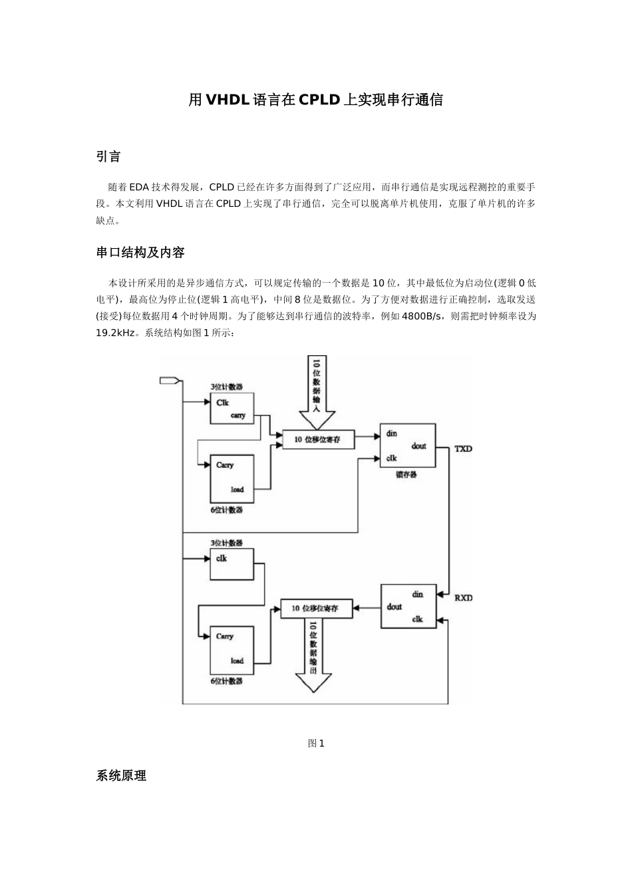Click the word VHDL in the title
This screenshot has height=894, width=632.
coord(228,100)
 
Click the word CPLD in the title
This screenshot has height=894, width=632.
coord(319,100)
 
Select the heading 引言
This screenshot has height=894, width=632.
coord(108,157)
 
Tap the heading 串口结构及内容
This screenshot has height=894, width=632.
coord(140,253)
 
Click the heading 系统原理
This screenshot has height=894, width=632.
coord(121,776)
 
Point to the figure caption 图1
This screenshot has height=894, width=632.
coord(316,744)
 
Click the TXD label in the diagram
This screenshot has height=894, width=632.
coord(463,449)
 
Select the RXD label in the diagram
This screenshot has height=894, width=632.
coord(463,597)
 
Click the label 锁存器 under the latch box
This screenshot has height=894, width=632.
coord(406,475)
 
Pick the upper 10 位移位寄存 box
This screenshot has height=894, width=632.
coord(319,440)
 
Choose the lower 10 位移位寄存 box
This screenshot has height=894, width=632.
coord(316,609)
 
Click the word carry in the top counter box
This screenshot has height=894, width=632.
coord(238,415)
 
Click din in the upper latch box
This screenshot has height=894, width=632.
coord(392,434)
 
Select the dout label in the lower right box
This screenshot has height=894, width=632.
coord(395,607)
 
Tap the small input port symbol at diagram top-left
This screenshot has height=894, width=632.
coord(170,380)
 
